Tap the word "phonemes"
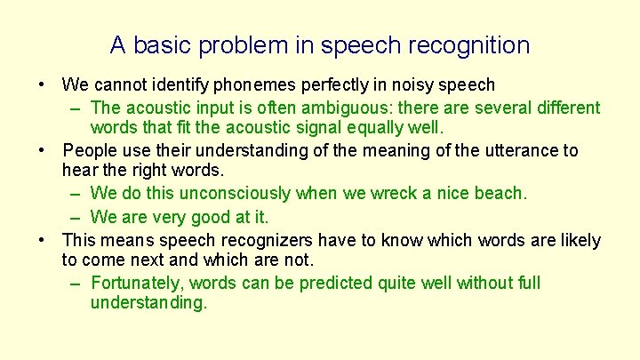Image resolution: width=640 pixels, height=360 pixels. (266, 85)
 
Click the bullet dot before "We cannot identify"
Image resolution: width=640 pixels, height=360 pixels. (42, 85)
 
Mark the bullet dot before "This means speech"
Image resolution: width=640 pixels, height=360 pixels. (42, 240)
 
